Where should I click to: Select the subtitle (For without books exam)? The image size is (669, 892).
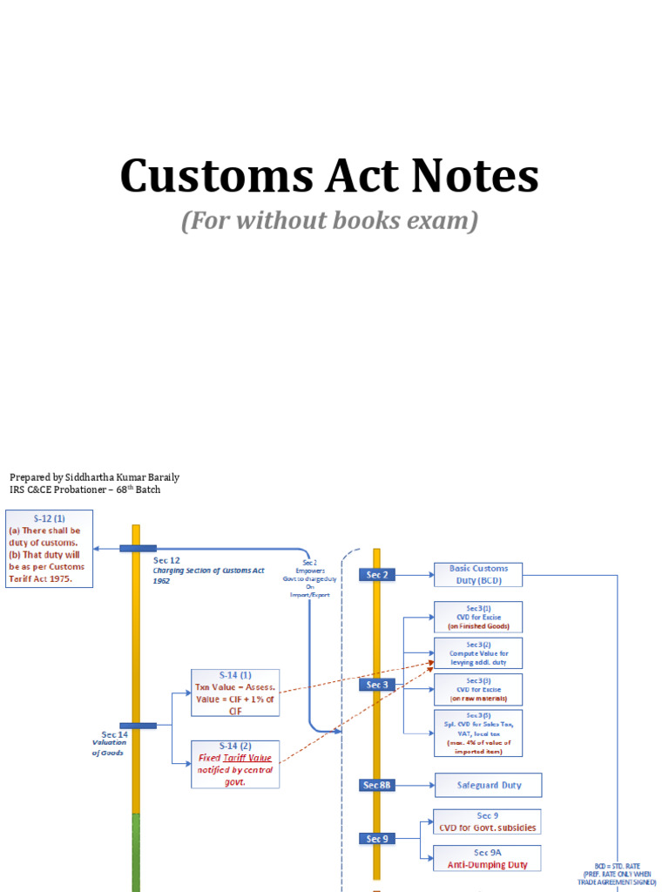click(329, 221)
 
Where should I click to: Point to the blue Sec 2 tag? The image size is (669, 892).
click(377, 574)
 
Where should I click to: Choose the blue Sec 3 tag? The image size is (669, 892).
click(377, 685)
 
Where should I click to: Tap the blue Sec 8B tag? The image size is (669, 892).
click(377, 785)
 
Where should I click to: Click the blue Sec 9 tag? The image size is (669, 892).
click(377, 839)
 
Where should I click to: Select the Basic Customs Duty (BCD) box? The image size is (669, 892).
click(478, 574)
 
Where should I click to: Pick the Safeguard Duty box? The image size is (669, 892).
click(489, 785)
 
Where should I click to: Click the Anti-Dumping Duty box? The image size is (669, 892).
click(487, 858)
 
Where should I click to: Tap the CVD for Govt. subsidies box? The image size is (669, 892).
click(487, 821)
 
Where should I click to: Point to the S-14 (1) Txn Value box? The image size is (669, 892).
click(235, 693)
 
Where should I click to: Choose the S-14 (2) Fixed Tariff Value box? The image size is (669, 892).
click(235, 764)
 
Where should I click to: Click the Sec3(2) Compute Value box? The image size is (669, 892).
click(478, 653)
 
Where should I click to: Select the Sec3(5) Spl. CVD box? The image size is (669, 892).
click(478, 733)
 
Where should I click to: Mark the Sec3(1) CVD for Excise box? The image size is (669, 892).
click(478, 617)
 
